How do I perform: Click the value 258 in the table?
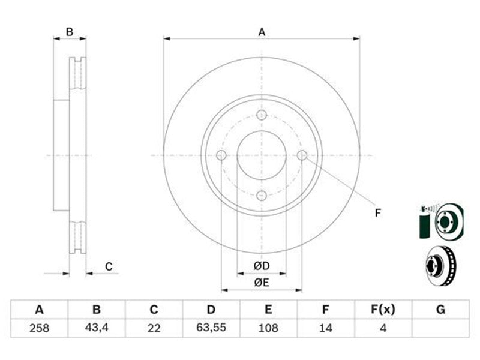coord(39,328)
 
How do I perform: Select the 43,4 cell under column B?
coord(97,328)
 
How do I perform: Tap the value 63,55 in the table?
coord(211,328)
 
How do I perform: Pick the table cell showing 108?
coord(268,328)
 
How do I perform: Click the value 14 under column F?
coord(325,328)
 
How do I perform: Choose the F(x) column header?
coord(383,310)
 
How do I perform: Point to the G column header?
coord(440,310)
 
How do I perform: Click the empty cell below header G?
coord(440,328)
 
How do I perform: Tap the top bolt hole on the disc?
coord(262,115)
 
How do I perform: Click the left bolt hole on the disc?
coord(221,155)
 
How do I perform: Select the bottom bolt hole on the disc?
coord(262,196)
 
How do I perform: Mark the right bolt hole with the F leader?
coord(302,155)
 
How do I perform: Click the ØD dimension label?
coord(262,266)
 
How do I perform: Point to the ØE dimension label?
coord(262,282)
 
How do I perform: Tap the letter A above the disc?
coord(262,32)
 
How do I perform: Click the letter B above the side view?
coord(70,32)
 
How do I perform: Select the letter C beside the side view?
coord(109,266)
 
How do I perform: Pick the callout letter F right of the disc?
coord(378,213)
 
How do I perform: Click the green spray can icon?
coord(425,223)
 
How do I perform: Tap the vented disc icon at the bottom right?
coord(441,266)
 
